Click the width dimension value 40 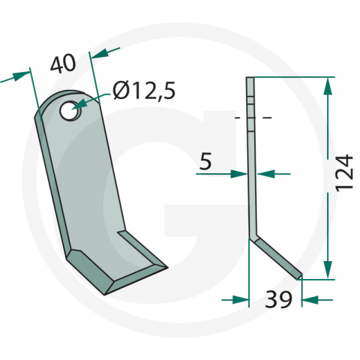coord(64,64)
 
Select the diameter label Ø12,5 coord(144,91)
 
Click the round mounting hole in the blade coord(70,112)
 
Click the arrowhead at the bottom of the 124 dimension coord(327,270)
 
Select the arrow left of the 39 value coord(238,300)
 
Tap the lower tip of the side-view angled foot coord(300,276)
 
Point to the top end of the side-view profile coord(250,78)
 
